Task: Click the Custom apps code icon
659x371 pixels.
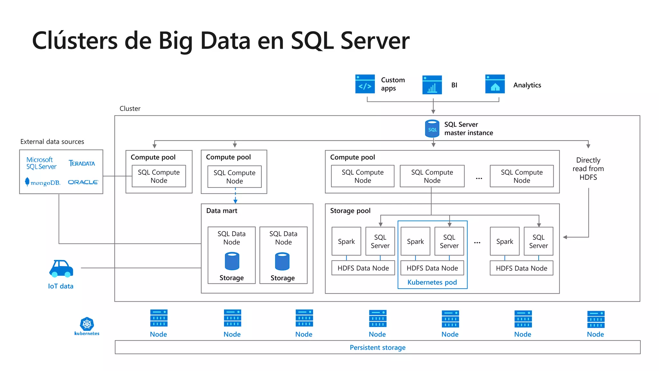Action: (x=365, y=84)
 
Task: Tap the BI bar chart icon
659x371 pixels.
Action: (x=432, y=85)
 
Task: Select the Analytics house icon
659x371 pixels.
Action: (x=495, y=84)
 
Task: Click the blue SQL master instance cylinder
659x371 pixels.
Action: (x=432, y=129)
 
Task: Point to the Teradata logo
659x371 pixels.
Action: (x=82, y=163)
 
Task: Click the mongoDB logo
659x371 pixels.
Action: (x=43, y=182)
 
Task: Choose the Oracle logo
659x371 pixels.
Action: (x=83, y=182)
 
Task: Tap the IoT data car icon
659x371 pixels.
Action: (x=61, y=269)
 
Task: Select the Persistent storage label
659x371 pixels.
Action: (x=377, y=347)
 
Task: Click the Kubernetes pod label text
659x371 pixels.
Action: (x=432, y=282)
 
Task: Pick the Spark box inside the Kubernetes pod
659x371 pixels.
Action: (x=415, y=242)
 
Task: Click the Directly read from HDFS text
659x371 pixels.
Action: (x=588, y=169)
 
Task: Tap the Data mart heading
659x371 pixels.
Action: (x=222, y=211)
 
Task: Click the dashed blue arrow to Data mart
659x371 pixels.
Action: (x=235, y=196)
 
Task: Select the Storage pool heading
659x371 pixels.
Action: (x=350, y=211)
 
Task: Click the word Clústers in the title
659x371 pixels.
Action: (x=75, y=41)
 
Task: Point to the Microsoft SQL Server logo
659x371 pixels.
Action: (x=41, y=163)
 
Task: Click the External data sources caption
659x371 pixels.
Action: (x=52, y=142)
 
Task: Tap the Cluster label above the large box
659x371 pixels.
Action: (x=130, y=109)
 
